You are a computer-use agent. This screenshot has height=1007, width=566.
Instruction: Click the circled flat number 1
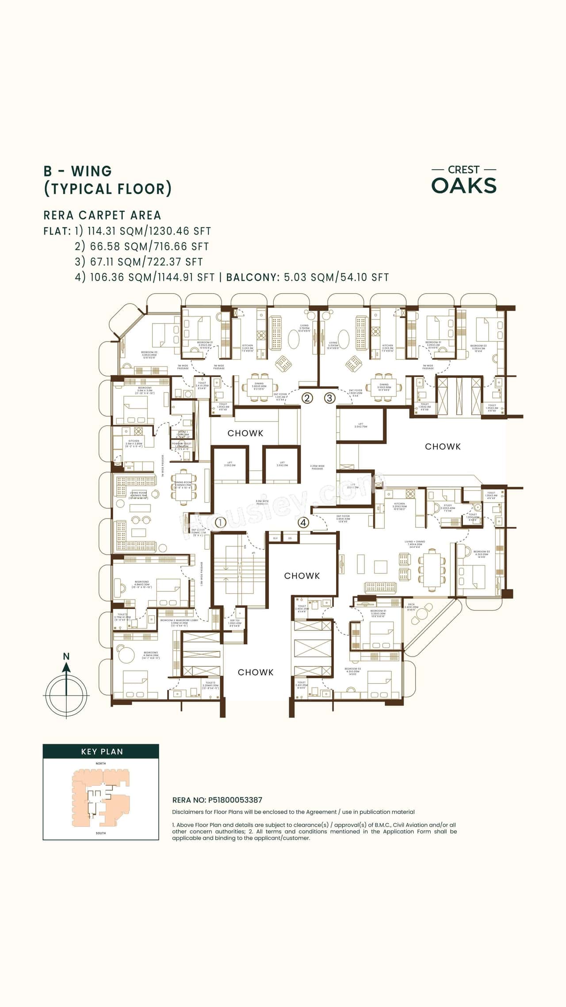click(x=220, y=523)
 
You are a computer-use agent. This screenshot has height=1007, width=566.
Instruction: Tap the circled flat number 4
click(x=303, y=523)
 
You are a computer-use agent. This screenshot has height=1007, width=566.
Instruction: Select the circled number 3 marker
click(x=329, y=398)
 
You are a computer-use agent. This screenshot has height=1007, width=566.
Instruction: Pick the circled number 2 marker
click(x=307, y=398)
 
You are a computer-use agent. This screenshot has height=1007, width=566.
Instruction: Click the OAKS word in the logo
click(x=464, y=186)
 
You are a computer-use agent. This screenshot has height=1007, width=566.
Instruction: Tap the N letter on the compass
click(x=66, y=656)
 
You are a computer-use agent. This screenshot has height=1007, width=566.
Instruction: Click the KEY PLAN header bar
click(x=101, y=751)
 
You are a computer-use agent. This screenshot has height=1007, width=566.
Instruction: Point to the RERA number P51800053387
click(x=235, y=800)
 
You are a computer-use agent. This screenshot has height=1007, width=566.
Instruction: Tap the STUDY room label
click(x=448, y=505)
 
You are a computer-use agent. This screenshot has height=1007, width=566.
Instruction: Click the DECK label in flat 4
click(x=411, y=605)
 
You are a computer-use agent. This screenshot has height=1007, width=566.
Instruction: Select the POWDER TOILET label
click(x=182, y=443)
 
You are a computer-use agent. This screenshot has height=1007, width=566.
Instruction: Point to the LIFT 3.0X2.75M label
click(x=361, y=425)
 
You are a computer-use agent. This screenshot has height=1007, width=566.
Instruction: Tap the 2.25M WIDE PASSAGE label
click(x=317, y=467)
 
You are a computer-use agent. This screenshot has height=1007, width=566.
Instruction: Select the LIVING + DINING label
click(x=414, y=542)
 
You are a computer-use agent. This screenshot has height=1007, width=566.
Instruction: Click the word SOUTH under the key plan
click(x=101, y=833)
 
